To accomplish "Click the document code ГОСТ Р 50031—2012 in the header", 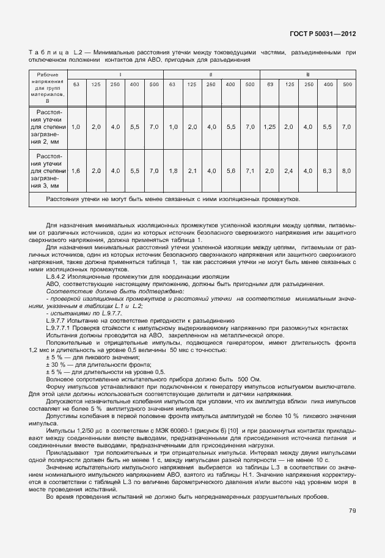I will click(x=322, y=35).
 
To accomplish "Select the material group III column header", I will click(x=307, y=74).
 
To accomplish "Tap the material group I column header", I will click(x=115, y=74).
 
